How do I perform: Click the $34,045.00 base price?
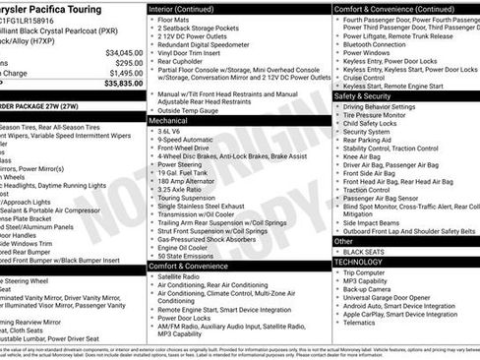pyautogui.click(x=124, y=52)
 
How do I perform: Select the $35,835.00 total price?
pyautogui.click(x=124, y=84)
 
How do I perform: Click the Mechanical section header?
pyautogui.click(x=171, y=119)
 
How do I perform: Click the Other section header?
pyautogui.click(x=343, y=241)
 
